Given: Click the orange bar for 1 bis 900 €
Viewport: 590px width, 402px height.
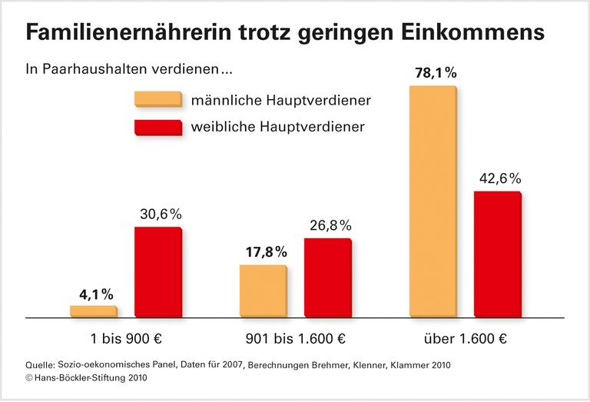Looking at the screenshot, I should click(93, 311).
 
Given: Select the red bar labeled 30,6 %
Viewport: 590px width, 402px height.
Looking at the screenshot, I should click(157, 271).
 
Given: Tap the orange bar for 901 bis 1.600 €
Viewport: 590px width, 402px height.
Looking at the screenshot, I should click(263, 291).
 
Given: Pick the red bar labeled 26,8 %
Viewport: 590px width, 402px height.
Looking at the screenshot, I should click(327, 277).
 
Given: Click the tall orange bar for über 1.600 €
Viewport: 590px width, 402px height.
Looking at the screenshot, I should click(433, 201).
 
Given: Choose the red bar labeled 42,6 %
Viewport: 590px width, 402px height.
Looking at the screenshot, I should click(497, 254).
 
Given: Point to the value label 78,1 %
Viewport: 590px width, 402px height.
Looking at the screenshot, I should click(434, 74).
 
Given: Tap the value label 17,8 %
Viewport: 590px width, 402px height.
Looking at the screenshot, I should click(265, 252).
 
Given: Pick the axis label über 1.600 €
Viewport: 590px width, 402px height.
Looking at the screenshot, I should click(465, 338).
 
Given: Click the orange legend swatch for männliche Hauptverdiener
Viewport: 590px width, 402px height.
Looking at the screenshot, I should click(157, 100).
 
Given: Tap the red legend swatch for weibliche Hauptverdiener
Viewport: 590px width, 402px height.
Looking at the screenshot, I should click(157, 127).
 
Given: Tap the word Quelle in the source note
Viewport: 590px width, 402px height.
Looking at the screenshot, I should click(40, 364).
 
